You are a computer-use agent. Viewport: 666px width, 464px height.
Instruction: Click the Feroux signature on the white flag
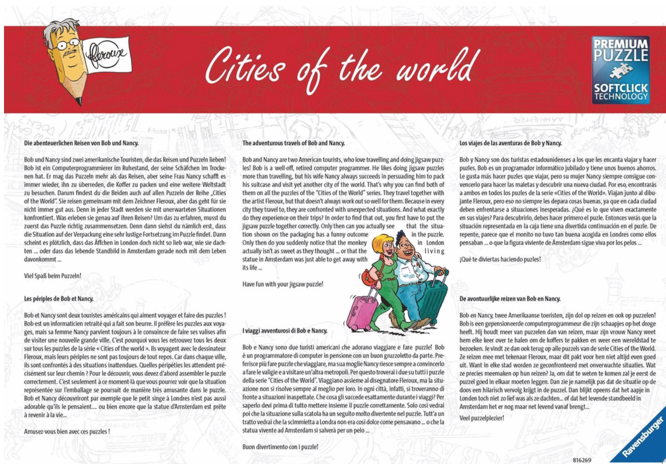coord(106,54)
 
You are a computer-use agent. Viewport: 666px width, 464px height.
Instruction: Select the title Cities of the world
coord(342,68)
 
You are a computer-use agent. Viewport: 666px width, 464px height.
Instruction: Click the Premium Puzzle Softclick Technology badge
coord(620,70)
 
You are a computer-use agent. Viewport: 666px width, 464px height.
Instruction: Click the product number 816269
coord(582,460)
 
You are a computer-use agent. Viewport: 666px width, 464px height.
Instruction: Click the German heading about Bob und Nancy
coord(81,143)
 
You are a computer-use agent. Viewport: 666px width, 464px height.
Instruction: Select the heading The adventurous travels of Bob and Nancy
coord(293,143)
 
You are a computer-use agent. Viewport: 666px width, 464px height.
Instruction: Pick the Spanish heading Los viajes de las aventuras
coord(510,143)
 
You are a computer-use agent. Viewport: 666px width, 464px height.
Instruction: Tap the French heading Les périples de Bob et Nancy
coord(58,298)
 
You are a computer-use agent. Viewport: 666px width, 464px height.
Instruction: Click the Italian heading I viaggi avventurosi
coord(285,330)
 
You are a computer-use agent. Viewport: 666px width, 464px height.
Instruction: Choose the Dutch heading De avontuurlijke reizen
coord(510,298)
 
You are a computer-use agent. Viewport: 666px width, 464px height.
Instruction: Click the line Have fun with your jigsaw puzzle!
coord(283,284)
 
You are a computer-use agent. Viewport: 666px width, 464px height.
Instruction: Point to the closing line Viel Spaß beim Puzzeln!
coord(52,276)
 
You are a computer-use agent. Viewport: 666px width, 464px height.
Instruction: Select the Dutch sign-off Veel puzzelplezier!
coord(481,418)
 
